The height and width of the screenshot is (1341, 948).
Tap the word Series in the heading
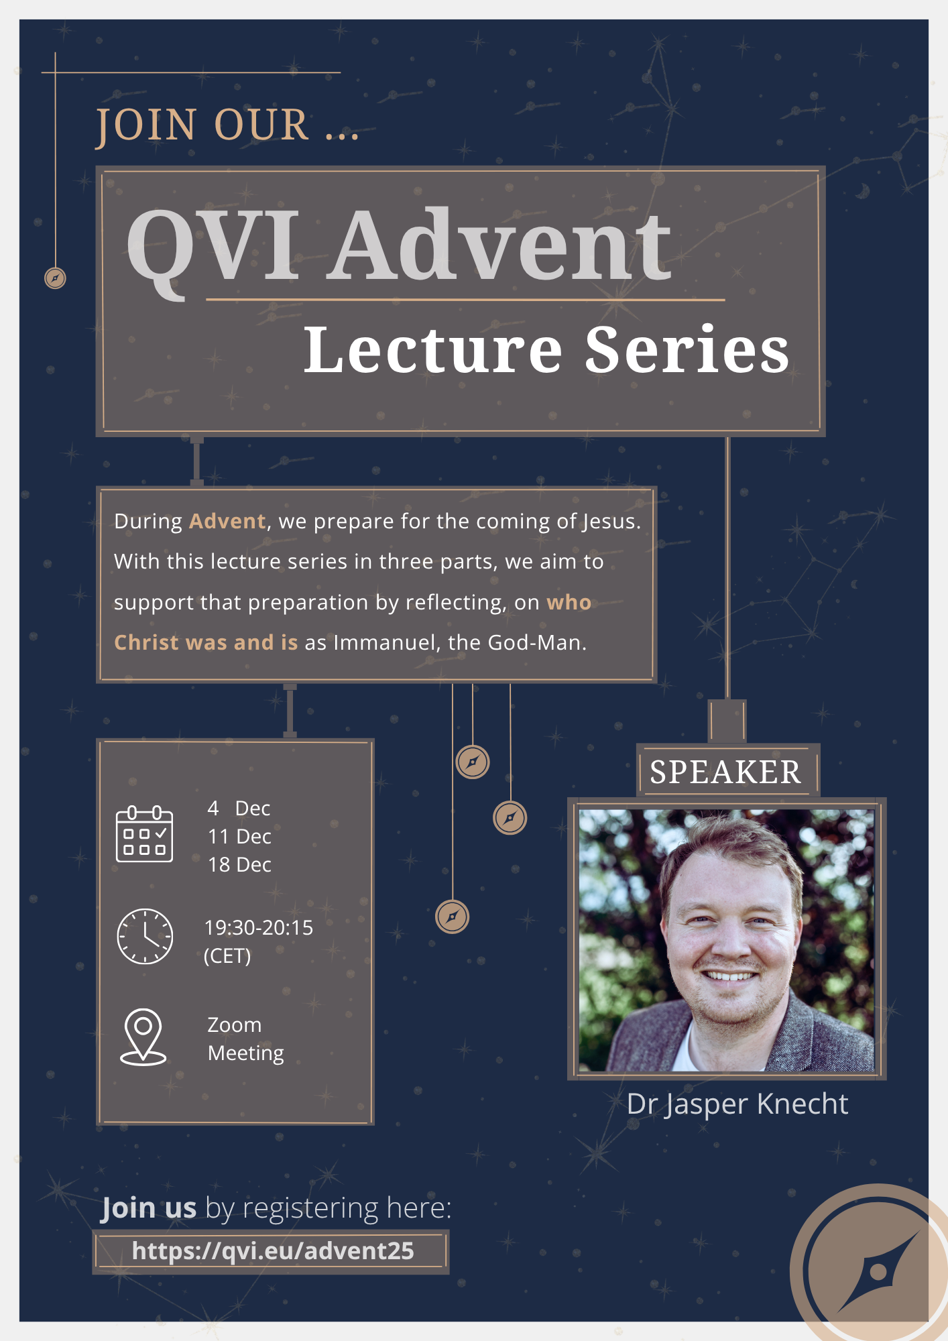click(x=687, y=349)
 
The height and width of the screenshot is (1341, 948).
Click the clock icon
click(x=145, y=937)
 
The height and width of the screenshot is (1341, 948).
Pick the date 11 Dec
click(x=239, y=837)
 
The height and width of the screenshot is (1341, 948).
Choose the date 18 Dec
click(x=239, y=865)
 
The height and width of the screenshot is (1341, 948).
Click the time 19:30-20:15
click(x=259, y=927)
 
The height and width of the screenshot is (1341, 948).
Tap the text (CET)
click(x=227, y=956)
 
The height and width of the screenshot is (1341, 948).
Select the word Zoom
click(x=235, y=1025)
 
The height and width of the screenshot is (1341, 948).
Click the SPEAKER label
click(x=725, y=772)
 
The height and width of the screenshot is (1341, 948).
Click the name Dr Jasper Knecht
click(x=737, y=1104)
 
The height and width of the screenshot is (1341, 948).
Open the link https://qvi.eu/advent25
click(x=273, y=1251)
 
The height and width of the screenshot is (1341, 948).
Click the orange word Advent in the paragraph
click(x=227, y=521)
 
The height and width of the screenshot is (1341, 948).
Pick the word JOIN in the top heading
click(x=146, y=126)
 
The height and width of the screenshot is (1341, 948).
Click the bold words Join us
click(x=149, y=1208)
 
